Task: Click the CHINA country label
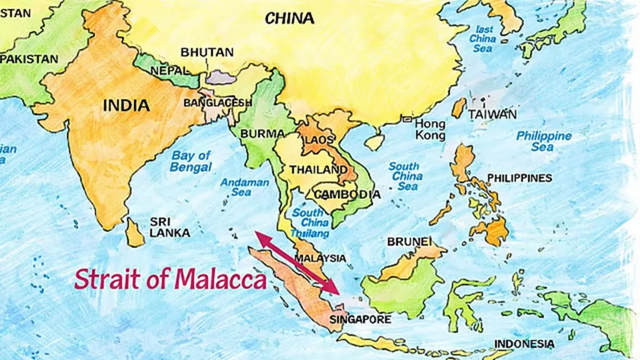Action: [289, 19]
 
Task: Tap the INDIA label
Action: [126, 105]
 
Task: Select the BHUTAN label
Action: [207, 52]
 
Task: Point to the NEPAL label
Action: [170, 71]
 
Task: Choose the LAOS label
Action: [319, 140]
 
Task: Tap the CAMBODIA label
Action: [347, 194]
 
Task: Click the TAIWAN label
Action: [492, 114]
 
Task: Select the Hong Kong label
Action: [430, 129]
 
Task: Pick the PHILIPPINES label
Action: [519, 178]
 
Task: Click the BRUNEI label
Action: [409, 241]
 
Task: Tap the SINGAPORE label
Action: [360, 320]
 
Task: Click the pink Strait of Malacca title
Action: [171, 279]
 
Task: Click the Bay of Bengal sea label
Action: [191, 161]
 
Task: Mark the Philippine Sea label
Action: [543, 141]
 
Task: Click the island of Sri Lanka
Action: [134, 232]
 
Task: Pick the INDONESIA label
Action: [524, 344]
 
